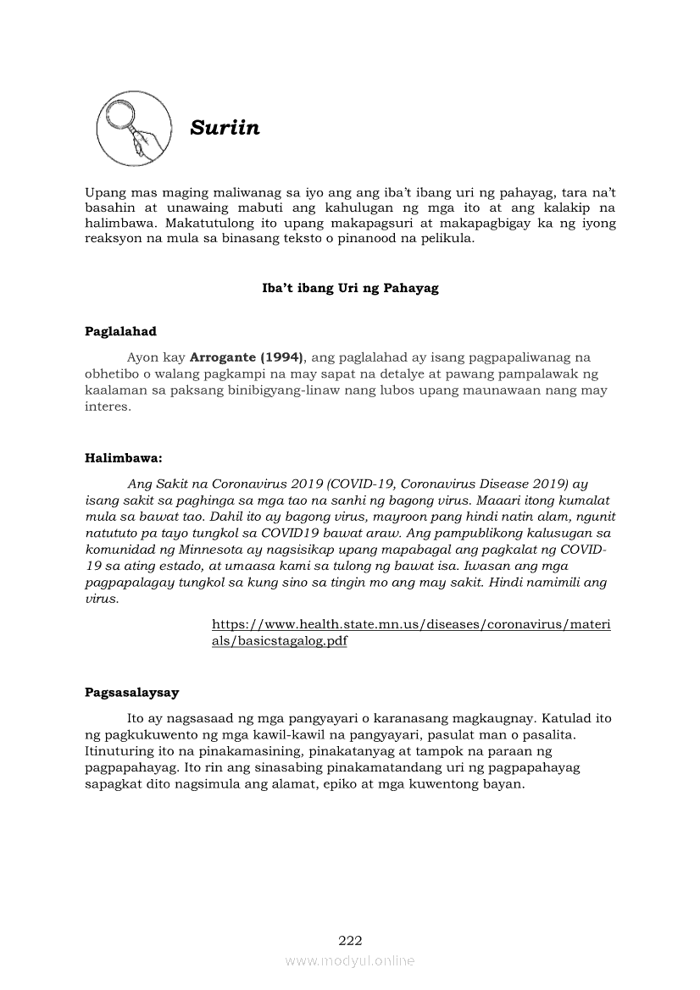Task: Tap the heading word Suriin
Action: click(225, 128)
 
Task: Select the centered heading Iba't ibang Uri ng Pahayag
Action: click(350, 288)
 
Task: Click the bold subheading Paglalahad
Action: click(120, 331)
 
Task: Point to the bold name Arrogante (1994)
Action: click(247, 357)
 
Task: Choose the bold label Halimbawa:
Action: click(123, 458)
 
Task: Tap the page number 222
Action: click(350, 940)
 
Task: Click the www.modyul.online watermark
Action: click(350, 960)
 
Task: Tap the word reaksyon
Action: click(115, 239)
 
